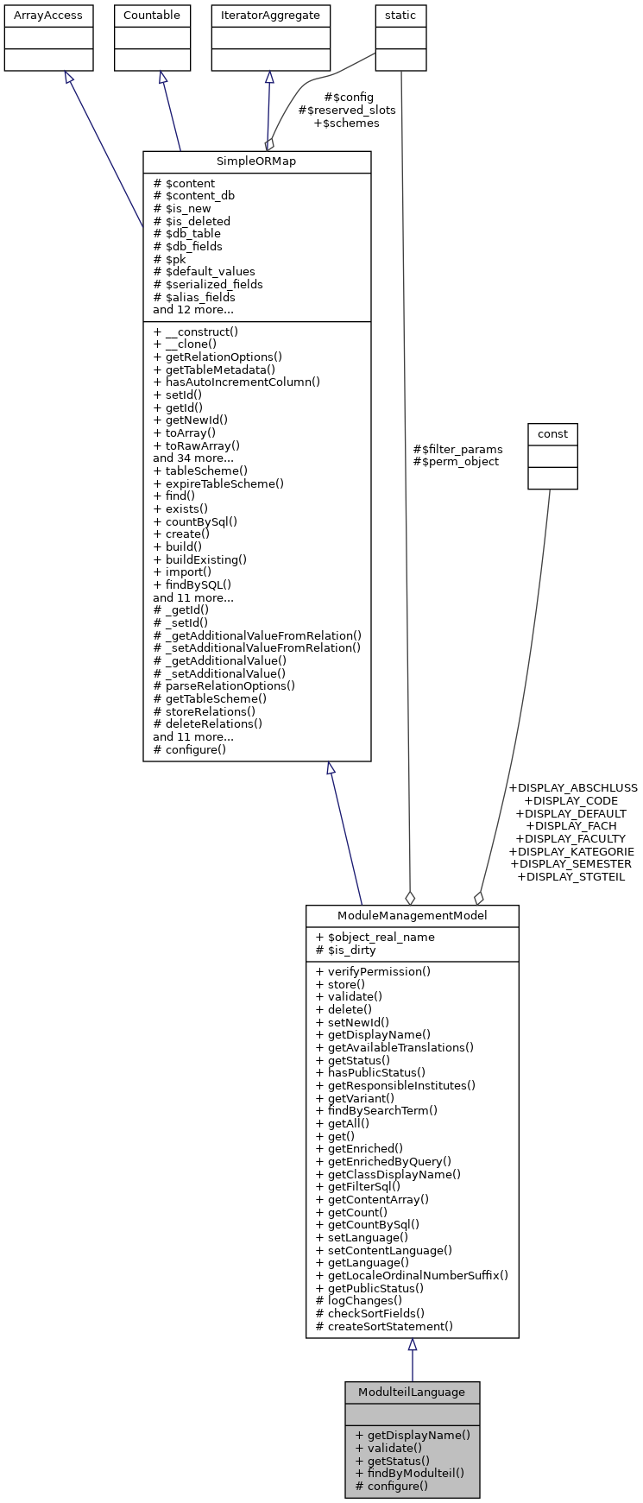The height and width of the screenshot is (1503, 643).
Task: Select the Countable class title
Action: pyautogui.click(x=152, y=16)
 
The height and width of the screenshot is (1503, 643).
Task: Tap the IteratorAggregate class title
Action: pyautogui.click(x=270, y=16)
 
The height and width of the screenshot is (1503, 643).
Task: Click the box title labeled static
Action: pyautogui.click(x=400, y=16)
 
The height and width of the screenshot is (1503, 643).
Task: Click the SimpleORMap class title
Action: pyautogui.click(x=256, y=162)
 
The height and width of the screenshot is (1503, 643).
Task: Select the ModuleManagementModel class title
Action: pyautogui.click(x=412, y=916)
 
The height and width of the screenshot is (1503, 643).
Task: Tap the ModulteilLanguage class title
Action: pyautogui.click(x=412, y=1392)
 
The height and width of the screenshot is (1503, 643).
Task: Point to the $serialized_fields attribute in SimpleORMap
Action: pyautogui.click(x=208, y=284)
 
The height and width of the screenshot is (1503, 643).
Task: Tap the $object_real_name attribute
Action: pyautogui.click(x=375, y=938)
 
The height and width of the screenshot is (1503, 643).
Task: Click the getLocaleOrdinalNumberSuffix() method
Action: pyautogui.click(x=412, y=1275)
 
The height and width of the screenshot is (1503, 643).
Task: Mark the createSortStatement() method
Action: pyautogui.click(x=384, y=1326)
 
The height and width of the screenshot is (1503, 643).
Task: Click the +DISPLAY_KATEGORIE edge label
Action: pyautogui.click(x=571, y=851)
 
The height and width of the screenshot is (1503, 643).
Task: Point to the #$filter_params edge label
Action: pyautogui.click(x=457, y=449)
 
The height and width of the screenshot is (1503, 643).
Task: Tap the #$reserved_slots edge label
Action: pyautogui.click(x=347, y=111)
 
